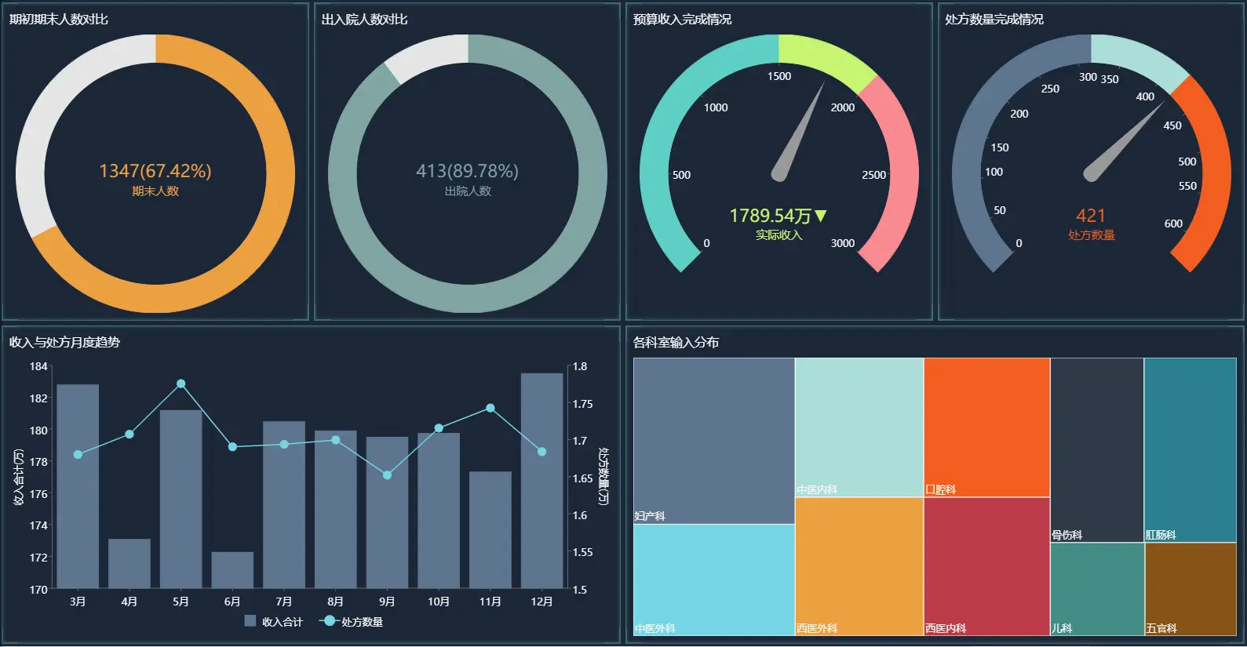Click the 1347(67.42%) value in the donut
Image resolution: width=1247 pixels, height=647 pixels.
[x=155, y=171]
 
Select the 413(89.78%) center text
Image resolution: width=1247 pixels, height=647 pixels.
[x=467, y=171]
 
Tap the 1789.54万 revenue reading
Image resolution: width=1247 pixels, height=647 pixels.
[x=771, y=216]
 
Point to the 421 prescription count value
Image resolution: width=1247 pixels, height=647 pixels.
[x=1091, y=216]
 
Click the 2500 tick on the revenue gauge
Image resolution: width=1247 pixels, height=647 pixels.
[x=873, y=175]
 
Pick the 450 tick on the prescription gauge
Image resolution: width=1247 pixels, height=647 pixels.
[x=1172, y=125]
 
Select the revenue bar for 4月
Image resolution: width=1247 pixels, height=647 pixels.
[x=129, y=563]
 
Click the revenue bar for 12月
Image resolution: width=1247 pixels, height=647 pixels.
[x=541, y=480]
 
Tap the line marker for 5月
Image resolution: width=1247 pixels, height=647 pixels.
[x=181, y=383]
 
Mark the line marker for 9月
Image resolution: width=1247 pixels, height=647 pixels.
[x=387, y=475]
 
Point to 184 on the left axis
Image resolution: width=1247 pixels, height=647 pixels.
[x=38, y=366]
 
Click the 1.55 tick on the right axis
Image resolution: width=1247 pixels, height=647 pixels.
[x=582, y=552]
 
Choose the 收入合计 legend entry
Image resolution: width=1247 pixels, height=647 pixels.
[x=274, y=622]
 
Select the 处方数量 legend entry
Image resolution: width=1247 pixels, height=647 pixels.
[x=352, y=622]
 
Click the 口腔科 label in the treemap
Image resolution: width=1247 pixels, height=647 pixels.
[x=940, y=489]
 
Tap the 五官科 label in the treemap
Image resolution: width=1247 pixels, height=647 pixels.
[x=1161, y=628]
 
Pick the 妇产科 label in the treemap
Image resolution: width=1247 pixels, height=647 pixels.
[x=650, y=516]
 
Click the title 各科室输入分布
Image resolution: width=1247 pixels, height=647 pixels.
[x=676, y=342]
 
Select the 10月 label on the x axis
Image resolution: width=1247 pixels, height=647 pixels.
[x=439, y=602]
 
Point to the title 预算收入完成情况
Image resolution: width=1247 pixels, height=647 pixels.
[x=682, y=19]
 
